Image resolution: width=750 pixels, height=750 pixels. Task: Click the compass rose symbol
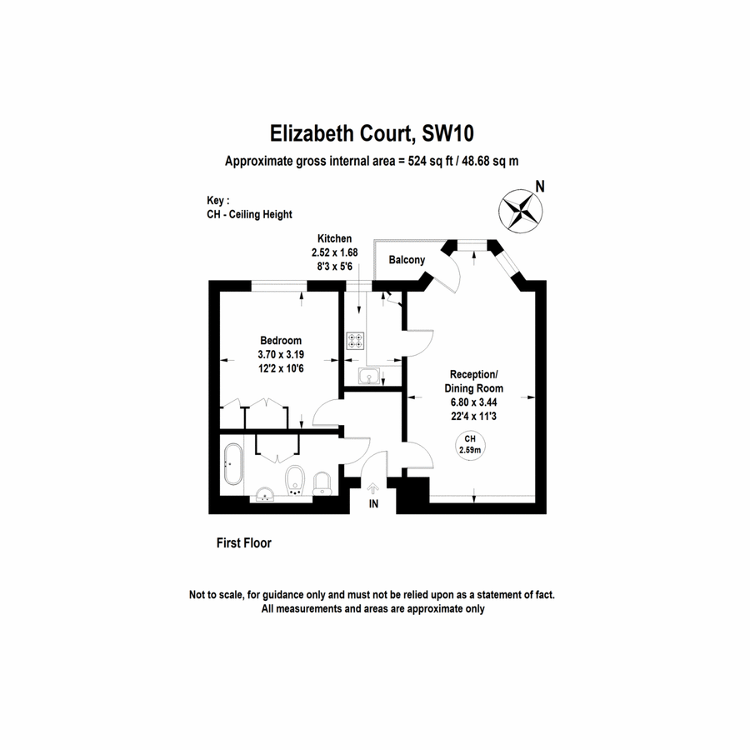click(x=520, y=211)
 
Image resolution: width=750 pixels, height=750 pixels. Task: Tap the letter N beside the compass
click(x=540, y=186)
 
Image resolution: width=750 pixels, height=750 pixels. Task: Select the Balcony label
click(x=407, y=260)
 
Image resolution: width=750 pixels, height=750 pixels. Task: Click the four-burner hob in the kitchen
click(x=355, y=341)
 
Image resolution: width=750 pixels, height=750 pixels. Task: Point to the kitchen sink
click(x=369, y=376)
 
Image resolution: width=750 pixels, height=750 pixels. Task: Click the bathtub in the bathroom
click(x=233, y=464)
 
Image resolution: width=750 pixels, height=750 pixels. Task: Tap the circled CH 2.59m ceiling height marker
click(x=470, y=445)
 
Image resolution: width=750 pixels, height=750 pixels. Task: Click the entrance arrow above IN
click(x=373, y=489)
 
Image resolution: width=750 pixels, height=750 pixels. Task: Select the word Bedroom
click(x=281, y=341)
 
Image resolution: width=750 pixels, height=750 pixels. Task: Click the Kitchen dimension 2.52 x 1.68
click(x=334, y=252)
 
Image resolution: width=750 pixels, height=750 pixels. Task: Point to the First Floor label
click(x=244, y=542)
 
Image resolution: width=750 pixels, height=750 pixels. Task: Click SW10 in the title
click(x=447, y=133)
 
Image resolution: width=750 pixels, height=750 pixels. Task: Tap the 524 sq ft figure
click(x=430, y=161)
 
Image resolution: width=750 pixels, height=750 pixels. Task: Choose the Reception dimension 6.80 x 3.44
click(x=473, y=402)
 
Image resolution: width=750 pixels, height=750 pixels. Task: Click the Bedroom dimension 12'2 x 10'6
click(x=281, y=368)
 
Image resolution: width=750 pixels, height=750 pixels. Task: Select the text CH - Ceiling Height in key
click(x=249, y=214)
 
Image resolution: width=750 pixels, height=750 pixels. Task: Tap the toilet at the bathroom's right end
click(x=322, y=484)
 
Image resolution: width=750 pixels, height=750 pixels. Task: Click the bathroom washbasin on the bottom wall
click(x=264, y=494)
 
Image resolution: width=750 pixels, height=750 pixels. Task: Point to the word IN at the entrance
click(x=373, y=503)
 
